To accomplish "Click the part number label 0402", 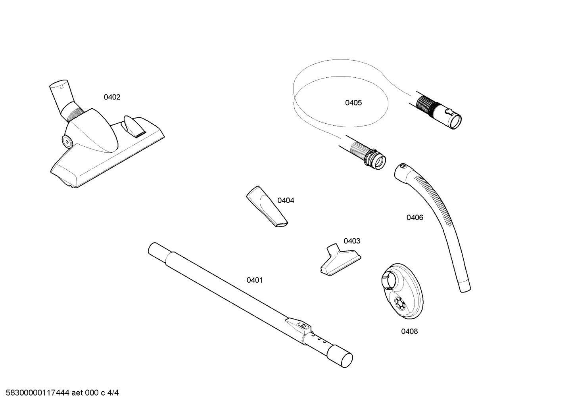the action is pos(112,97).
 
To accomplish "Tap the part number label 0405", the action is pos(353,103).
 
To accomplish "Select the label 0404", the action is pos(286,201).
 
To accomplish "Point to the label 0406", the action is pos(415,218).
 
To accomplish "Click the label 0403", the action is pos(352,241).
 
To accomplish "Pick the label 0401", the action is pos(255,280).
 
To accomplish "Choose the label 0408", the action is pos(409,331).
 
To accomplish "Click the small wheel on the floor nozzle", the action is pos(67,142).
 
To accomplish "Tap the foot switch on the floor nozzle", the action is pos(134,126).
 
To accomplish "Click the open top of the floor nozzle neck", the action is pos(59,83).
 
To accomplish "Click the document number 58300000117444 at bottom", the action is pos(38,393).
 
